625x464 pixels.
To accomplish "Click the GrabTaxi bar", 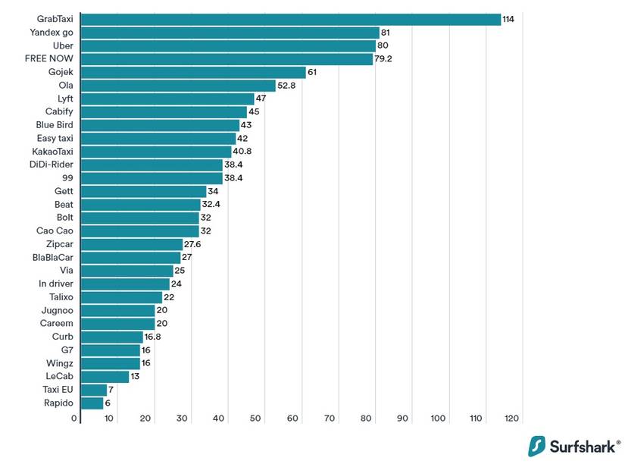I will pyautogui.click(x=290, y=19).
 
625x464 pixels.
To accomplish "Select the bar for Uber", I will pyautogui.click(x=228, y=45).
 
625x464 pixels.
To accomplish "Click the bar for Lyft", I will pyautogui.click(x=167, y=99).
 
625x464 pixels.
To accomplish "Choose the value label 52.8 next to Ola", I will pyautogui.click(x=287, y=86).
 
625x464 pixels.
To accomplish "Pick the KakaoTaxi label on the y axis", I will pyautogui.click(x=52, y=152).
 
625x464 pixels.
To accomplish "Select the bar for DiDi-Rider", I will pyautogui.click(x=151, y=165).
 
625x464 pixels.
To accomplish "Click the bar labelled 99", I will pyautogui.click(x=151, y=178).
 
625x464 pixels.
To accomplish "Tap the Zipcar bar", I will pyautogui.click(x=131, y=244).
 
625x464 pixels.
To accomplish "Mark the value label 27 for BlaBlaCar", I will pyautogui.click(x=187, y=258).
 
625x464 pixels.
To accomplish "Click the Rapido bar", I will pyautogui.click(x=92, y=403).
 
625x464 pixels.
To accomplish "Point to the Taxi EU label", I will pyautogui.click(x=58, y=390).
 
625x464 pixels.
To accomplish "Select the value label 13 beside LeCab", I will pyautogui.click(x=136, y=377).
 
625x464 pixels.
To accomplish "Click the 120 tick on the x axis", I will pyautogui.click(x=512, y=419).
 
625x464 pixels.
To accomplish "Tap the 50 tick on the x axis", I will pyautogui.click(x=255, y=419).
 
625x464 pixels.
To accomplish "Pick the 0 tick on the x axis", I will pyautogui.click(x=74, y=419).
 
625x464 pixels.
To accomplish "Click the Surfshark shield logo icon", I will pyautogui.click(x=537, y=445).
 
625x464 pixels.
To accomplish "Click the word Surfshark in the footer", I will pyautogui.click(x=582, y=446).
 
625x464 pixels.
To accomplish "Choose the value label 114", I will pyautogui.click(x=508, y=19).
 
